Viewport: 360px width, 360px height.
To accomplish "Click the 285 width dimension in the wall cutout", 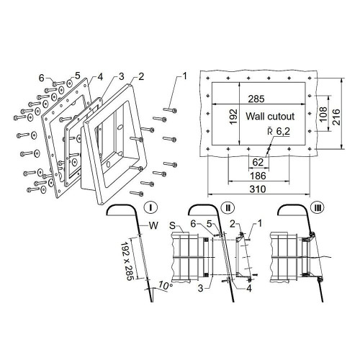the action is [x=256, y=99].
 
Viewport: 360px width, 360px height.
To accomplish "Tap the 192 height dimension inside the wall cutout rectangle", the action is [x=233, y=117].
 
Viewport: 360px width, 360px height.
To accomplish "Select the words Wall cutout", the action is [x=270, y=117].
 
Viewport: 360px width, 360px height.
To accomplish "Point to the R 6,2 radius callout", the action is [x=279, y=131].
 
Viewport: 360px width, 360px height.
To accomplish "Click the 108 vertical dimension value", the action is [x=323, y=114].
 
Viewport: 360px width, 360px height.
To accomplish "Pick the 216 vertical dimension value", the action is [x=336, y=117].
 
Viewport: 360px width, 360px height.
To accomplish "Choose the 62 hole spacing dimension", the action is [x=258, y=163].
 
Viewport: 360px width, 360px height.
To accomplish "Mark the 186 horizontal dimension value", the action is [x=258, y=176].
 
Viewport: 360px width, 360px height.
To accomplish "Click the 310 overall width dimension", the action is [x=258, y=189].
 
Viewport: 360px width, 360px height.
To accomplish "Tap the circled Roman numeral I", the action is [x=150, y=207].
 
